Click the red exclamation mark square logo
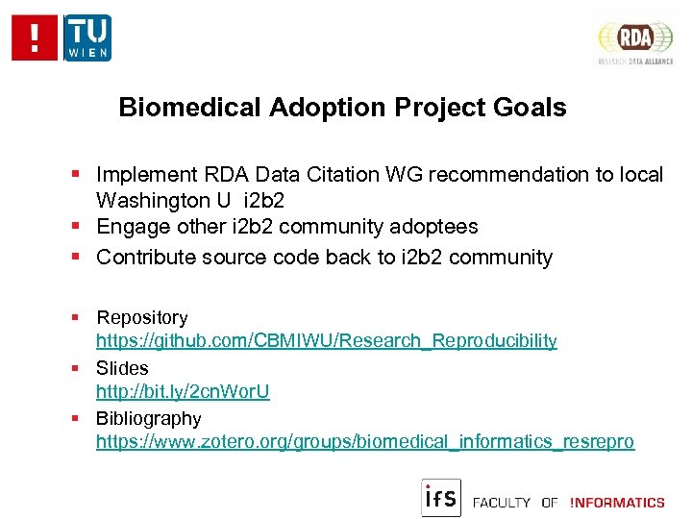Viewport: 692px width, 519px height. point(36,38)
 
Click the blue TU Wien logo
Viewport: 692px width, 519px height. point(87,38)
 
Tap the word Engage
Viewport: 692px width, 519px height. point(128,227)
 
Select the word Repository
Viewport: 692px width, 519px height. point(142,317)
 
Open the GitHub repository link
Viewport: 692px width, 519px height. point(326,341)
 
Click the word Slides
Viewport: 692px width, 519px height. point(122,368)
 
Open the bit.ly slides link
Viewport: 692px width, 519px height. point(183,392)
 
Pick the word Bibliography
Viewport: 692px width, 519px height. point(149,419)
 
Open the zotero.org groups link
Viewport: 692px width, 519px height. point(365,442)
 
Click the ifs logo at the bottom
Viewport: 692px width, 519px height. point(441,497)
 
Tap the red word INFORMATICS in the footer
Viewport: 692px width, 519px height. point(617,503)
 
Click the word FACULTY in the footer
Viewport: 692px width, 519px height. point(502,503)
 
